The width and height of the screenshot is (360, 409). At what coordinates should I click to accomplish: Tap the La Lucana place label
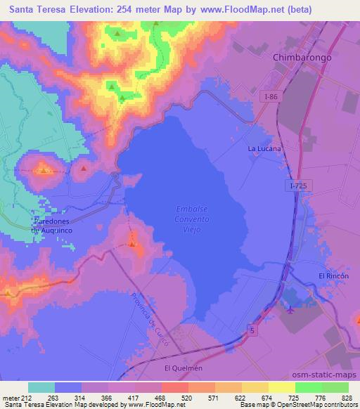point(264,149)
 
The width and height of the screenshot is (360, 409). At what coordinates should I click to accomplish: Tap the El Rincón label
point(333,276)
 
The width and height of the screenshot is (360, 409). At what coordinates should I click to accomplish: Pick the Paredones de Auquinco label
point(51,225)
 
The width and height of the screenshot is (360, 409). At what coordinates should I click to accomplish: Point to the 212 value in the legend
point(25,398)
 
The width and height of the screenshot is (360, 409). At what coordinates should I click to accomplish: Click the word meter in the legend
point(10,398)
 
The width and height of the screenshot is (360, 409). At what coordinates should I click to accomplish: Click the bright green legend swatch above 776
point(308,387)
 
